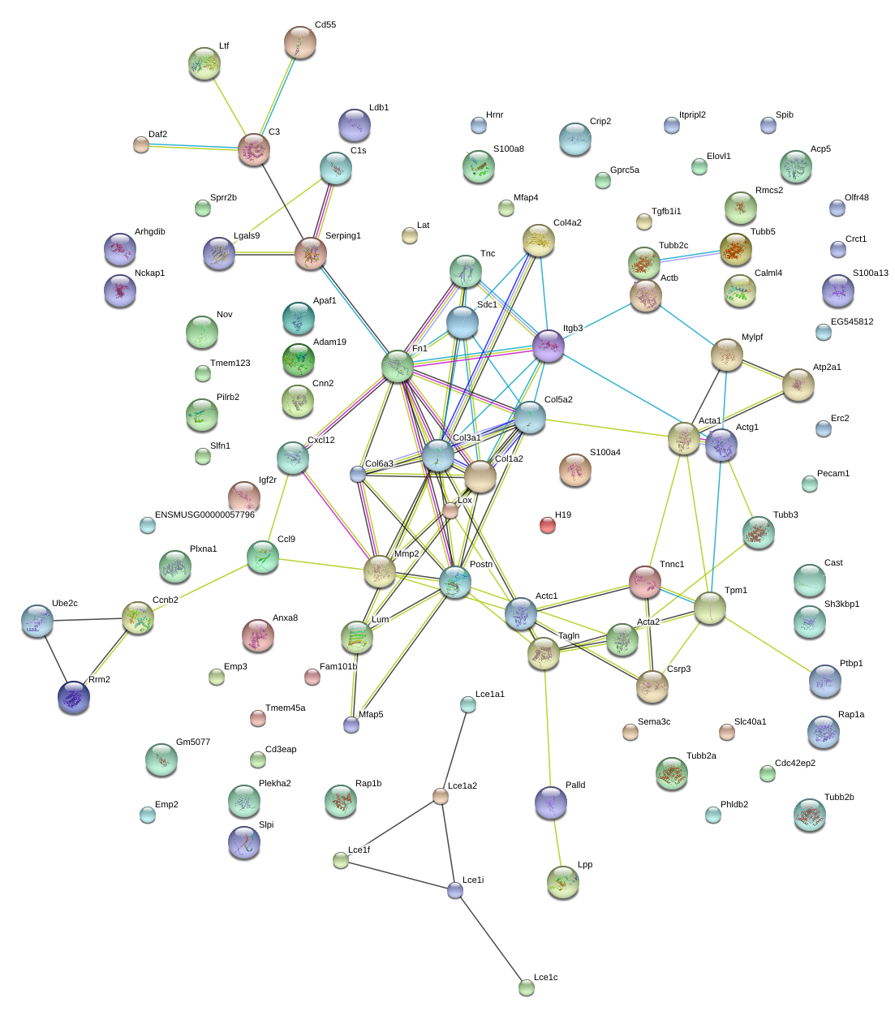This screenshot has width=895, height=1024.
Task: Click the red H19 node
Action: [x=548, y=526]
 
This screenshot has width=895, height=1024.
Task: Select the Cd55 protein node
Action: [x=300, y=42]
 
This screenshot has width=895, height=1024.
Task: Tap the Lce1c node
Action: [x=527, y=987]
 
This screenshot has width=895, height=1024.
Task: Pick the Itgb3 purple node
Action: [x=549, y=346]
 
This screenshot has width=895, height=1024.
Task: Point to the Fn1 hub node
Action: [x=398, y=366]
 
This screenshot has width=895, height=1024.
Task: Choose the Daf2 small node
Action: [x=141, y=144]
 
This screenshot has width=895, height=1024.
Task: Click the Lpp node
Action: [x=563, y=882]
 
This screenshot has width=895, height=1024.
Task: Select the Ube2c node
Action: [x=37, y=621]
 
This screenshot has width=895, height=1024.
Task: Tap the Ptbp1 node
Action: [x=825, y=681]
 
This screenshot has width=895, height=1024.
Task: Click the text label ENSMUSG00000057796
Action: [x=204, y=514]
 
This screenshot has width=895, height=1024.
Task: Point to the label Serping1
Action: [x=342, y=235]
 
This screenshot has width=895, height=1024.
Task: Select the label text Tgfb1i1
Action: [x=666, y=211]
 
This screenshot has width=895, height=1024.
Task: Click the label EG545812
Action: [x=846, y=321]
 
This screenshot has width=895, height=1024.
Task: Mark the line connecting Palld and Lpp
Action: [x=557, y=842]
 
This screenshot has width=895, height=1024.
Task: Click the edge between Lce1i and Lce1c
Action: [x=491, y=939]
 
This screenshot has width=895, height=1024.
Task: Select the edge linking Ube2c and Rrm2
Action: [x=55, y=658]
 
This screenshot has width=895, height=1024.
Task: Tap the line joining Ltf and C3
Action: [x=229, y=107]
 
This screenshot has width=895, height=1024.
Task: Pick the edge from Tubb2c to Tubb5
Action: [x=691, y=256]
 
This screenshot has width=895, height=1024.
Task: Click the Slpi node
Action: [x=244, y=843]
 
